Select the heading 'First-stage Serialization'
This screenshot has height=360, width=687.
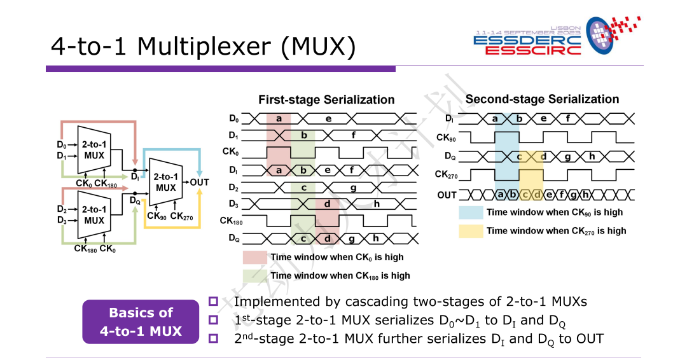pos(326,100)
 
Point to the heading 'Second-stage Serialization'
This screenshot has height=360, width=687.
pos(542,99)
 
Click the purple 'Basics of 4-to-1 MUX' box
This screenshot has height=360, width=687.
pos(141,322)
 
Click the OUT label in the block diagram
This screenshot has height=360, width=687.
pos(199,183)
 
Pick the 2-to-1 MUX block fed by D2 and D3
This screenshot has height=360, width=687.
pos(94,215)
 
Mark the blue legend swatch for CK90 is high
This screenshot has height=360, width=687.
pos(471,212)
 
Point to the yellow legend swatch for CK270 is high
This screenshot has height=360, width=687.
pos(471,230)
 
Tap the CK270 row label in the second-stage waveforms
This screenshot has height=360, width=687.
pos(445,174)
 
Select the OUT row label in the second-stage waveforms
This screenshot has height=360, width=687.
pos(447,195)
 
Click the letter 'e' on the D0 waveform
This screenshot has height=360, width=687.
pos(328,118)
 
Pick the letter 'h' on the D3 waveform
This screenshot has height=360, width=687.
pos(377,204)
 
